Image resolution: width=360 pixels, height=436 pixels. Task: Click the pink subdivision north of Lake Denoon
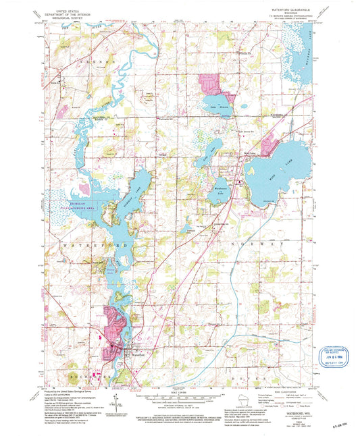click(215, 84)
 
